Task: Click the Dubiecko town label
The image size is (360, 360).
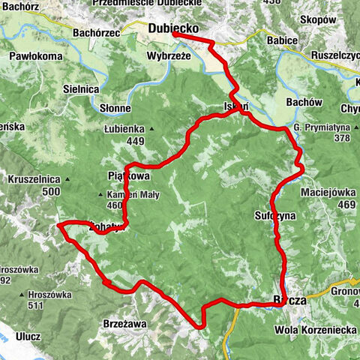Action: [174, 28]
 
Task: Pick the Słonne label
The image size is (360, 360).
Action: [115, 108]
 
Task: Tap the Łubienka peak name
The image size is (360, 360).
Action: [124, 129]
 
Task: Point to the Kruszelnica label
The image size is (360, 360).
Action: [34, 180]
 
